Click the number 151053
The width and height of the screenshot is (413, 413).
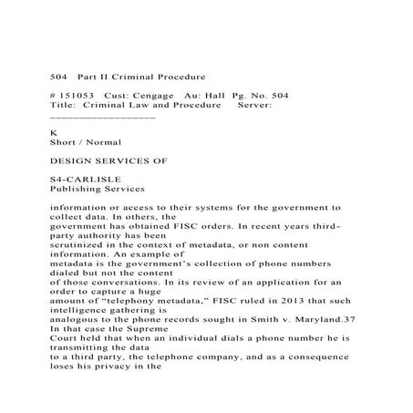click(77, 95)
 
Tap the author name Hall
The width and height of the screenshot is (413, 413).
click(215, 95)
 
